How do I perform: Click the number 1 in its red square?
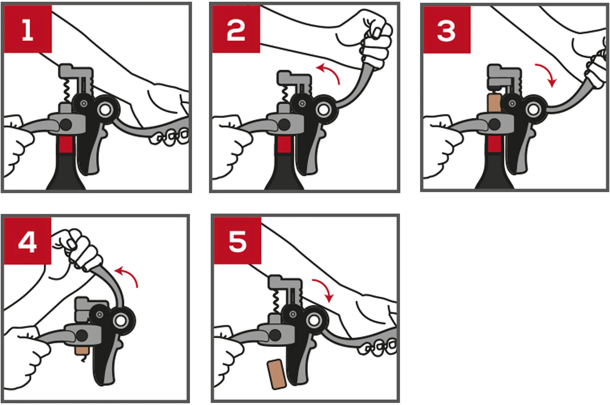coord(27,30)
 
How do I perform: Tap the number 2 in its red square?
coord(236,31)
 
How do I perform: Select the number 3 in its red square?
coord(446,31)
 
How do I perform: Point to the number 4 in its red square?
coord(27,242)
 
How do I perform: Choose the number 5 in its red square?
coord(237,242)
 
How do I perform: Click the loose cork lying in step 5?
coord(277,374)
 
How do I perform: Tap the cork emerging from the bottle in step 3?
coord(494,103)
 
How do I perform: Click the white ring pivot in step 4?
coord(121,321)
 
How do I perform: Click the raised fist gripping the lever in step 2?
coord(374,40)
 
